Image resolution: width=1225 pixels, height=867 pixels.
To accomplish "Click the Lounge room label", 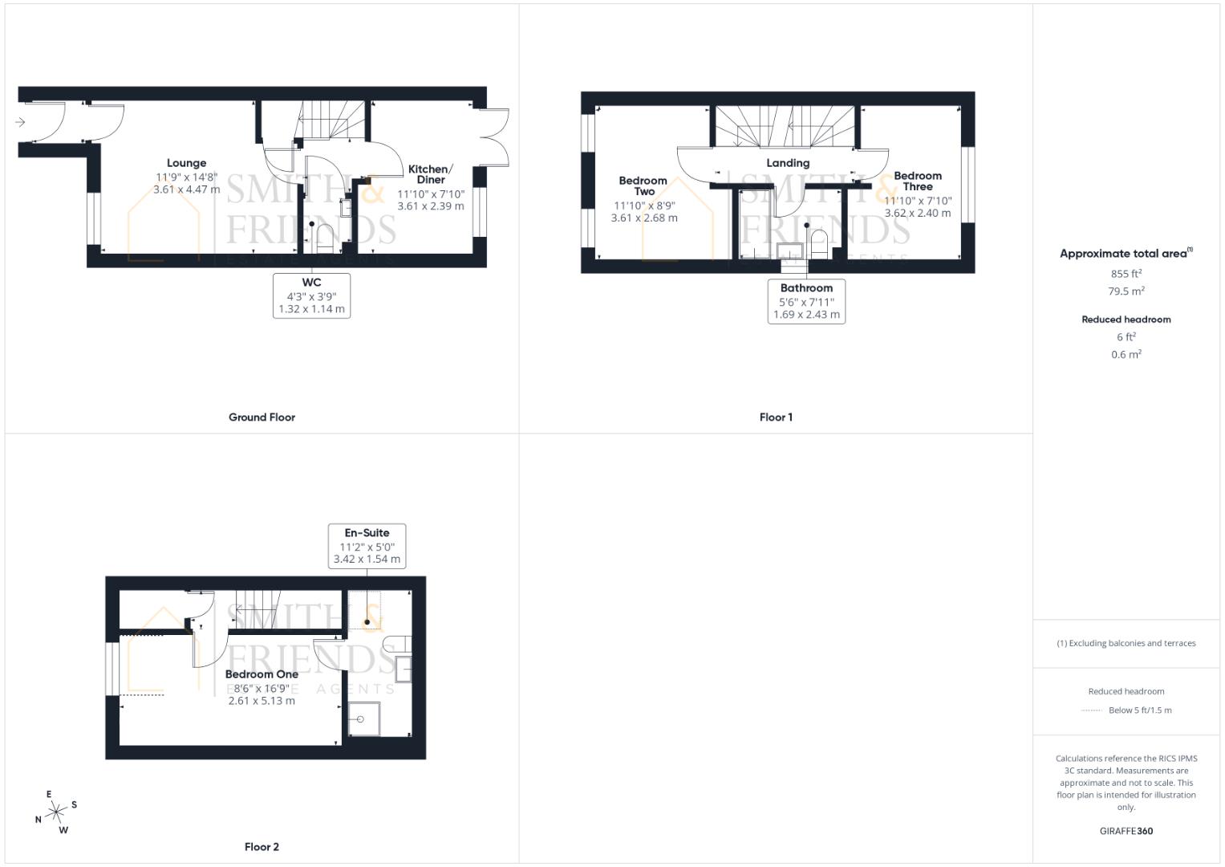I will click(186, 163).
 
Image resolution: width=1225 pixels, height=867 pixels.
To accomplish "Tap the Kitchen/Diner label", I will click(430, 174).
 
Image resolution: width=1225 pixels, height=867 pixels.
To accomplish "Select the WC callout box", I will click(311, 295).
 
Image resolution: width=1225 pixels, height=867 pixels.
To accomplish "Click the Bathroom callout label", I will click(806, 288).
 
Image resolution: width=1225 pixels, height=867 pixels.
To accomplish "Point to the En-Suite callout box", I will click(367, 546).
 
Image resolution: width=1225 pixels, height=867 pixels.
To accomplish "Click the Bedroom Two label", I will click(643, 186).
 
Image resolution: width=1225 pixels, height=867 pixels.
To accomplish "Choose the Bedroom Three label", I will click(918, 181).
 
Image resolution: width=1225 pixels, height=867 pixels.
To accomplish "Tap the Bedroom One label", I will click(262, 674).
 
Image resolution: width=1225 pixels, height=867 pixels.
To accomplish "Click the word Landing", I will click(788, 163).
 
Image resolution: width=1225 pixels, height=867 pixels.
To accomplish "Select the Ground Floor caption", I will click(262, 417).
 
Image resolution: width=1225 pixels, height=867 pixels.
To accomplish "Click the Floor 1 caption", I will click(776, 417).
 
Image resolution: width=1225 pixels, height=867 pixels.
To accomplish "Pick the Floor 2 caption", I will click(262, 847).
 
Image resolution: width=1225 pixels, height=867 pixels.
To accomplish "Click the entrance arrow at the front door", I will click(20, 122).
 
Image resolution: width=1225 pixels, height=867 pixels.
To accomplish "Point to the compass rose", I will click(56, 813).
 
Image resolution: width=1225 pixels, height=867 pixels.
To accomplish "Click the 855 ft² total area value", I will click(1126, 274).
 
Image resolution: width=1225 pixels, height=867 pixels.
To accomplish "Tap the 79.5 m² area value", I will click(1126, 291).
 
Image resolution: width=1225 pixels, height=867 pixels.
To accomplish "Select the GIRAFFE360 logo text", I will click(1126, 832).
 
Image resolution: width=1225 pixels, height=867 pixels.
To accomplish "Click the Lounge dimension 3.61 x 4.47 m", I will click(186, 190).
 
